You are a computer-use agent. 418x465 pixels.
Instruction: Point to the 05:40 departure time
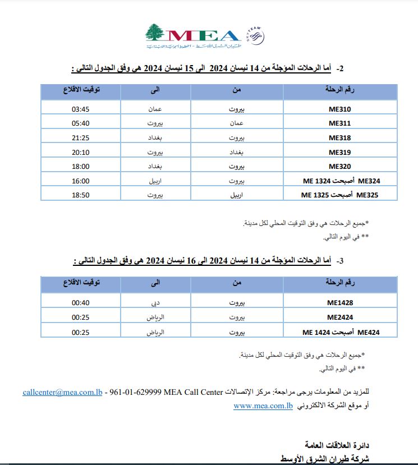pyautogui.click(x=81, y=123)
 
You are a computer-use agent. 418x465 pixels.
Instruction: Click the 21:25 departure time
pyautogui.click(x=81, y=137)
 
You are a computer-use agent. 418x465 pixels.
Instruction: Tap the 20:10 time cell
pyautogui.click(x=81, y=152)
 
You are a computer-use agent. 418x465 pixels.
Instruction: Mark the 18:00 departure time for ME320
pyautogui.click(x=81, y=167)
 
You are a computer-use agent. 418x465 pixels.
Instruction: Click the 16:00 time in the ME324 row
pyautogui.click(x=81, y=181)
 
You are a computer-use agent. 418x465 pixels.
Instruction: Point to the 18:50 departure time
pyautogui.click(x=81, y=195)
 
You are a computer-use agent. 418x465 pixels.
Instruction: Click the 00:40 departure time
pyautogui.click(x=81, y=302)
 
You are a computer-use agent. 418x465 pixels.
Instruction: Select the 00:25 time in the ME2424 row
pyautogui.click(x=81, y=317)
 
